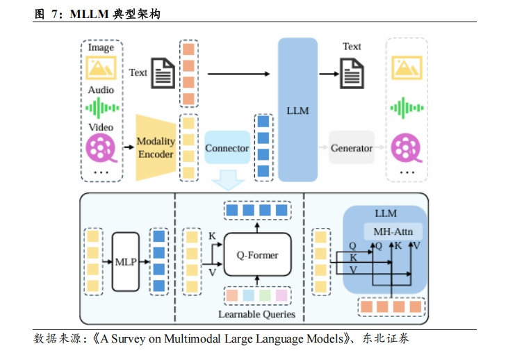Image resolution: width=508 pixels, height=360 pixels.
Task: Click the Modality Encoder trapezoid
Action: pyautogui.click(x=154, y=147)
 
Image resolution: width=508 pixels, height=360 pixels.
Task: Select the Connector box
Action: pyautogui.click(x=227, y=148)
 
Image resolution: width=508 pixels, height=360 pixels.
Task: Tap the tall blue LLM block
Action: pyautogui.click(x=297, y=110)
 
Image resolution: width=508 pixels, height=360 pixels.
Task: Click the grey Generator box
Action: pyautogui.click(x=352, y=148)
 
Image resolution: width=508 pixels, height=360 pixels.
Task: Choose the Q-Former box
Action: pyautogui.click(x=258, y=255)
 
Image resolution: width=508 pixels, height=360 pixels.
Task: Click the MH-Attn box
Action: pyautogui.click(x=393, y=231)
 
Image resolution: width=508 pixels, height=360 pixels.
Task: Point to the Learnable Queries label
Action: pyautogui.click(x=256, y=314)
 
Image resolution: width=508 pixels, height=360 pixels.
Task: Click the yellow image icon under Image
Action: pyautogui.click(x=101, y=68)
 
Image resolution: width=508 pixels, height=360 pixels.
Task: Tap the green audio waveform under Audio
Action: pyautogui.click(x=101, y=108)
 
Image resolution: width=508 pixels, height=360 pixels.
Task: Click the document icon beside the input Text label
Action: pyautogui.click(x=163, y=73)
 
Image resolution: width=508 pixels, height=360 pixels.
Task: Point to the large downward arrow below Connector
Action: pyautogui.click(x=227, y=179)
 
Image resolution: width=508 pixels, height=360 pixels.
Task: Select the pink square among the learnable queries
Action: pyautogui.click(x=281, y=295)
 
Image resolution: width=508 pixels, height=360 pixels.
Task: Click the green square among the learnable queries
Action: pyautogui.click(x=265, y=295)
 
